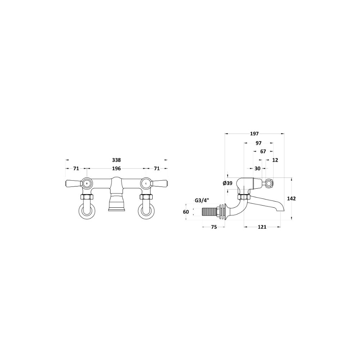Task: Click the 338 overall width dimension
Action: (116, 160)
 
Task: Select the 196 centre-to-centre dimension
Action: (116, 168)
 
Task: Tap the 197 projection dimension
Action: (255, 134)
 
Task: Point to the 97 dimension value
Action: (258, 143)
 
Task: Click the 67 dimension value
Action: (263, 152)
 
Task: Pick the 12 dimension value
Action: (275, 160)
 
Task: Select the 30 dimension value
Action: (258, 168)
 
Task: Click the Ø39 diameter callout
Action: (228, 183)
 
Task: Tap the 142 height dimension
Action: (291, 199)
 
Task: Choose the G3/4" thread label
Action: (201, 201)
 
